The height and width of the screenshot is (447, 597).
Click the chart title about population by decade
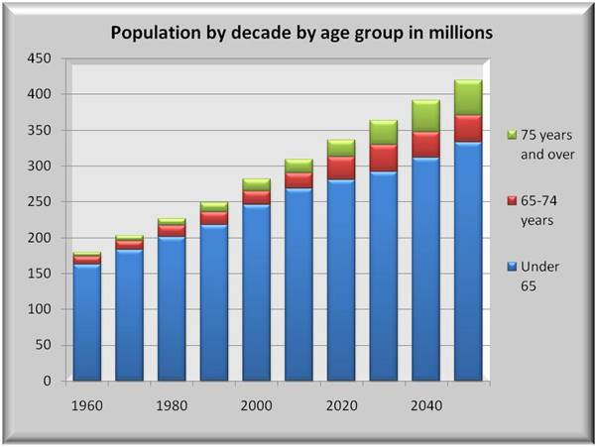(301, 33)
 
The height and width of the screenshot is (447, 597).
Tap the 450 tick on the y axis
(40, 58)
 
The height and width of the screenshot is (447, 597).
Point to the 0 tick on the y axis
(48, 381)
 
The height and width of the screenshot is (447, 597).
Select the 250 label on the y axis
(40, 202)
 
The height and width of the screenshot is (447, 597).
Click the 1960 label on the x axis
(86, 406)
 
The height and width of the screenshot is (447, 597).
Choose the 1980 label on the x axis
(172, 406)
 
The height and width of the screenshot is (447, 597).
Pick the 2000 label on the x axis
(256, 406)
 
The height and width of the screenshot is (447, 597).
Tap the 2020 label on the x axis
(341, 406)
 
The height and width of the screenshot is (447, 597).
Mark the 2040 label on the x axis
(425, 406)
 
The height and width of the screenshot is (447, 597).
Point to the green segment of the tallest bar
(468, 97)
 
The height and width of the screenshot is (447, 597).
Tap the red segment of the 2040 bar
(425, 145)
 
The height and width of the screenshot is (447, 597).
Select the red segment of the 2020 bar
(341, 168)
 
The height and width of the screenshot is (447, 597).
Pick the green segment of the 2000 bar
(256, 184)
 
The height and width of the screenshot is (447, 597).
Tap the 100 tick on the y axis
(40, 309)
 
